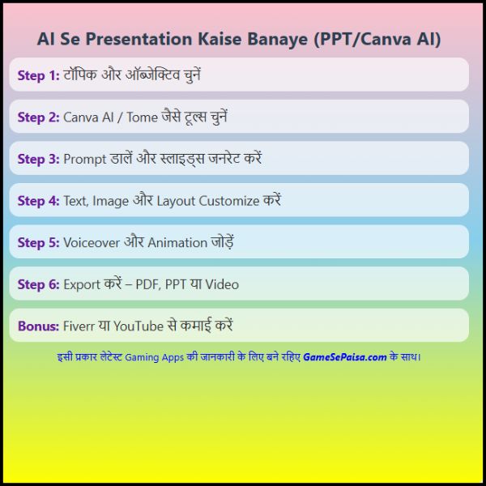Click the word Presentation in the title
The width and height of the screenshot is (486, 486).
[139, 40]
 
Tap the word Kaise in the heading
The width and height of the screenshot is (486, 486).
[220, 40]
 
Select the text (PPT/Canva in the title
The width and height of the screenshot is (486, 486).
[362, 40]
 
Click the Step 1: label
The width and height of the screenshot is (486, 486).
[38, 75]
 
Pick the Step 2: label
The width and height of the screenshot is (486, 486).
[38, 117]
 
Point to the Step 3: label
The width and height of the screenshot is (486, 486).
[38, 159]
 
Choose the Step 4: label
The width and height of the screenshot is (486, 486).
[38, 201]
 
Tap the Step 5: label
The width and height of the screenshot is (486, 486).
[38, 243]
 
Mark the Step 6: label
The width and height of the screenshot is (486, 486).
[38, 284]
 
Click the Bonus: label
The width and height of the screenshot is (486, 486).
[38, 326]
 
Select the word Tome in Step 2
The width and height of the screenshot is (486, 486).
[143, 117]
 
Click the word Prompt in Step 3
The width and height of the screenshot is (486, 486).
[85, 160]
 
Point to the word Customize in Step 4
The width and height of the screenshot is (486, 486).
[229, 201]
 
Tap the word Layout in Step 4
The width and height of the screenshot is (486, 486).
[176, 202]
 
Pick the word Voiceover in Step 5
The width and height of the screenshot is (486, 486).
[92, 243]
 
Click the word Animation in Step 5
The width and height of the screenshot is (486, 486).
[177, 243]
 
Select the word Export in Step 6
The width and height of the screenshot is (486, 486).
[82, 285]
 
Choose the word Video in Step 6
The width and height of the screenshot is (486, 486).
[222, 284]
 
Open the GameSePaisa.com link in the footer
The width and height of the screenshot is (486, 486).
[345, 357]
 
